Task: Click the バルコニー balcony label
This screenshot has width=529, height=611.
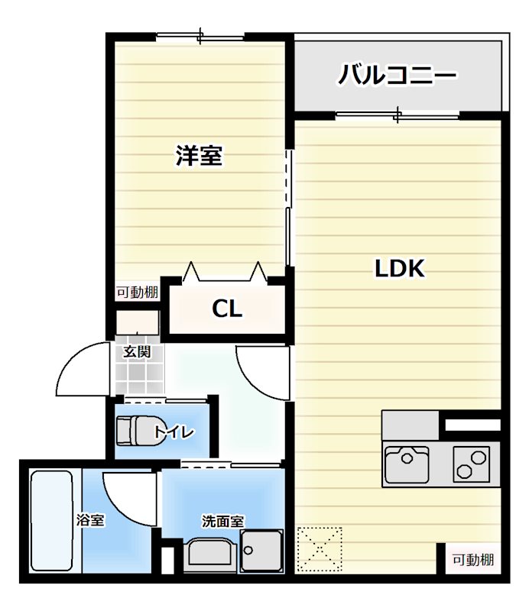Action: click(398, 76)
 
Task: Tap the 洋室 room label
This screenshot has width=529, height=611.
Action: click(199, 157)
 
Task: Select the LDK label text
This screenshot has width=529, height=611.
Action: click(399, 269)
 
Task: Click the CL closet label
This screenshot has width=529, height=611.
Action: click(227, 309)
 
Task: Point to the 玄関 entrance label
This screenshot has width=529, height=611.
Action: click(138, 352)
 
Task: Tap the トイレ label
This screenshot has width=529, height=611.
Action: click(174, 432)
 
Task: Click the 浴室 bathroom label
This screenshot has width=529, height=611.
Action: click(90, 521)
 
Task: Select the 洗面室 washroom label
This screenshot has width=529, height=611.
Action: click(222, 522)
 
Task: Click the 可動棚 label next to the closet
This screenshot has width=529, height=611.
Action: click(138, 293)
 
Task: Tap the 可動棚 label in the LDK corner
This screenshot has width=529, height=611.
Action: click(472, 560)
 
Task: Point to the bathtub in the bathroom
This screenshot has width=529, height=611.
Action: click(52, 521)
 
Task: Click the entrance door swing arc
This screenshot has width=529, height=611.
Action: click(83, 368)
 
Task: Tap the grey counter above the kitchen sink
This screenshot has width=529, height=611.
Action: click(411, 425)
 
